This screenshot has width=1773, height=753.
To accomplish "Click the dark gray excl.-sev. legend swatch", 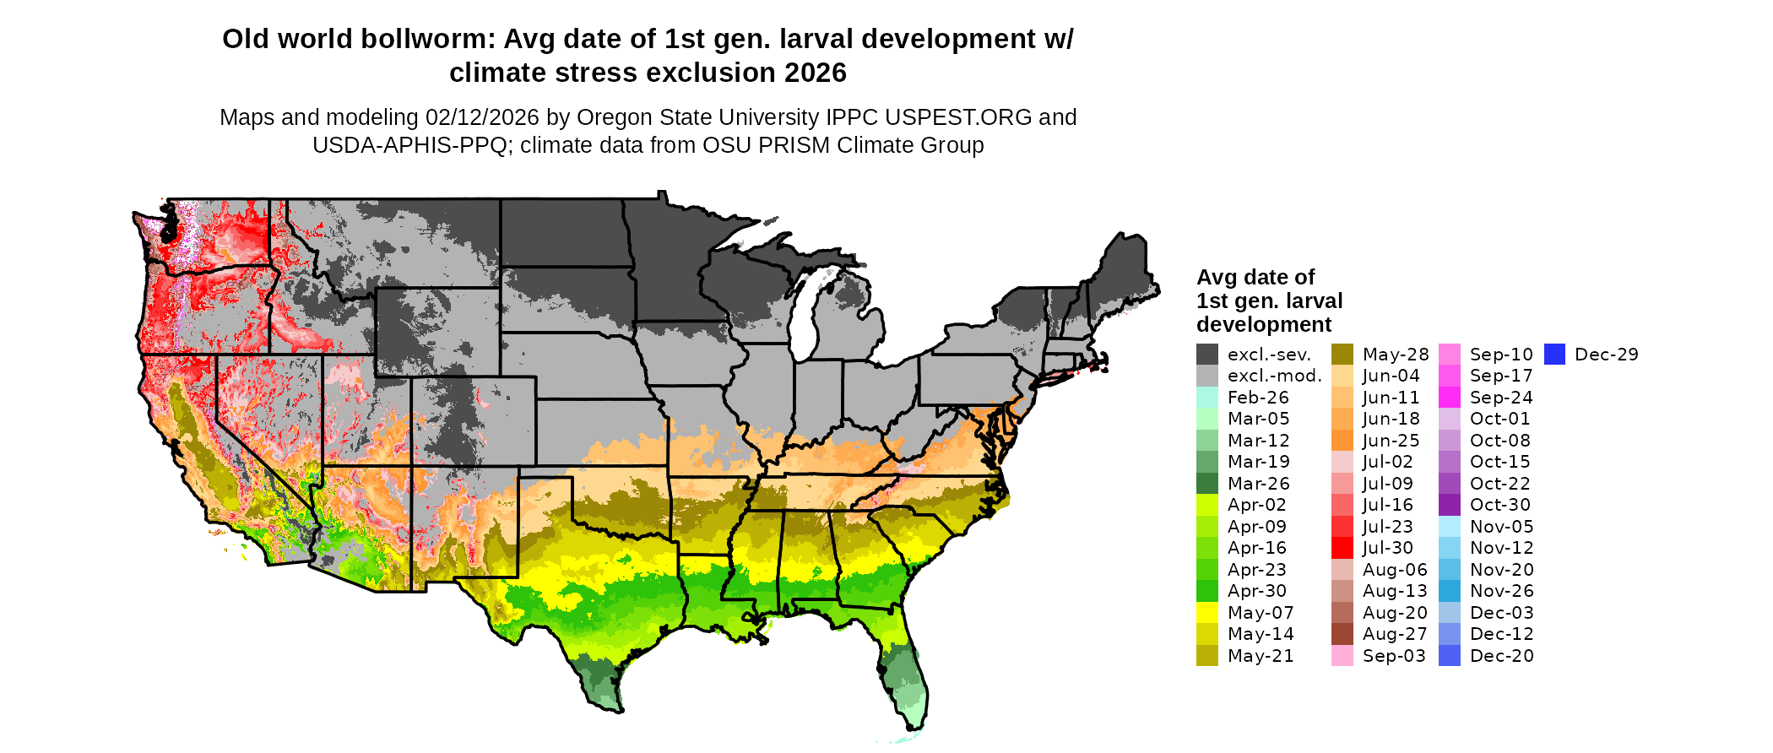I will click(1207, 355).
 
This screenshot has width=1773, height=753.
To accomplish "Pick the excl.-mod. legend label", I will click(1274, 376).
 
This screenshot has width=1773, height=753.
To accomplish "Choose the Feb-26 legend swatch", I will click(1207, 398).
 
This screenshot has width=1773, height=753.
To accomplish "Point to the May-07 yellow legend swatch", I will click(1207, 613).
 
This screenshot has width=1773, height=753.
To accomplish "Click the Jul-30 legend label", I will click(1387, 548).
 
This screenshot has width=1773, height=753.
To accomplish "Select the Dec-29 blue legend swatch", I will click(1555, 355).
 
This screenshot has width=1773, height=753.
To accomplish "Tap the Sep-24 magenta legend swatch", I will click(1450, 398).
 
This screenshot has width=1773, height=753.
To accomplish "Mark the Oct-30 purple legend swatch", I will click(1450, 505).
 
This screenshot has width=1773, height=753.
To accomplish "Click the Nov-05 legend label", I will click(1501, 527).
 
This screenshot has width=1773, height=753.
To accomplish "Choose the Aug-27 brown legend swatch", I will click(1342, 634).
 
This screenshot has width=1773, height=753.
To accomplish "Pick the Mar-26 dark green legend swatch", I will click(1207, 484).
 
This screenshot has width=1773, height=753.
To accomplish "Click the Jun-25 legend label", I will click(1391, 441).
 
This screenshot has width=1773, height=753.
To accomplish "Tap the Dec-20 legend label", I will click(1501, 656).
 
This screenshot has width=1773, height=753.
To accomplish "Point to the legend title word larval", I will click(1309, 301).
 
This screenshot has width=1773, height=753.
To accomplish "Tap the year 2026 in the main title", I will click(815, 73).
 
